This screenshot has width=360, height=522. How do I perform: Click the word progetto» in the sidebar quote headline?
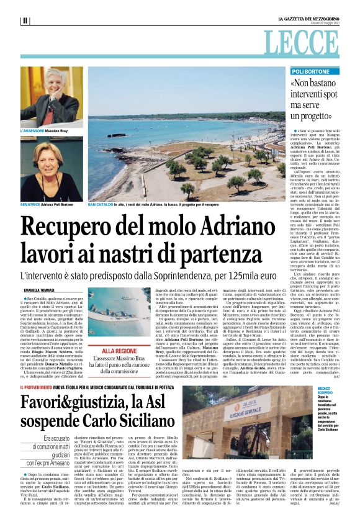(x=323, y=117)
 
